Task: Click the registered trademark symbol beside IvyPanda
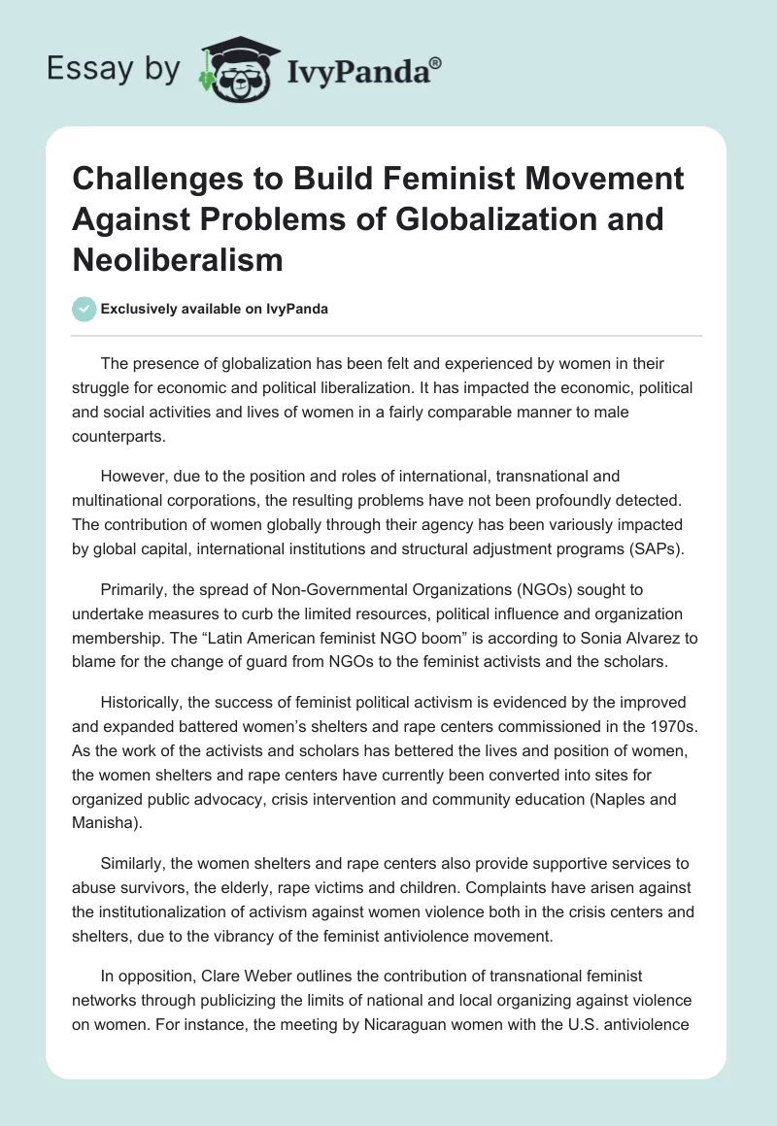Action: (x=436, y=62)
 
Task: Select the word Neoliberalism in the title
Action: (x=178, y=259)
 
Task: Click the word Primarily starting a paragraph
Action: (x=135, y=589)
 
